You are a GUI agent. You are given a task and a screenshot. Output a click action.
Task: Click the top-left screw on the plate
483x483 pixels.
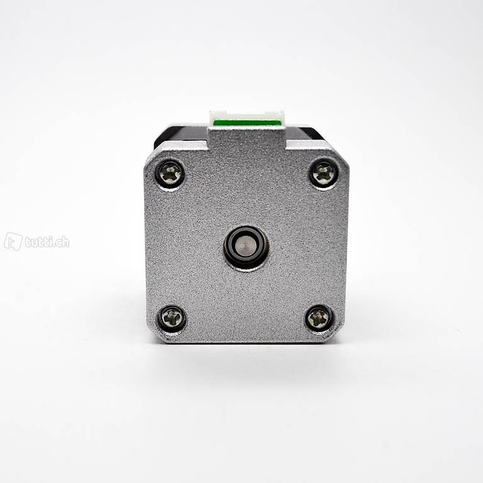tap(171, 174)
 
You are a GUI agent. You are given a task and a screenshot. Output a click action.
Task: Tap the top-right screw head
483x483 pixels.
tap(323, 174)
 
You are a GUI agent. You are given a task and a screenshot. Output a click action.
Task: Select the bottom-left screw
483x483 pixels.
tap(172, 318)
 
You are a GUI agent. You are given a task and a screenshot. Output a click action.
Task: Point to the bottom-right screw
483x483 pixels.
tap(319, 318)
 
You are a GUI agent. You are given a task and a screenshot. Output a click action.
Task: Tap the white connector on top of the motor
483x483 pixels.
tap(246, 118)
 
